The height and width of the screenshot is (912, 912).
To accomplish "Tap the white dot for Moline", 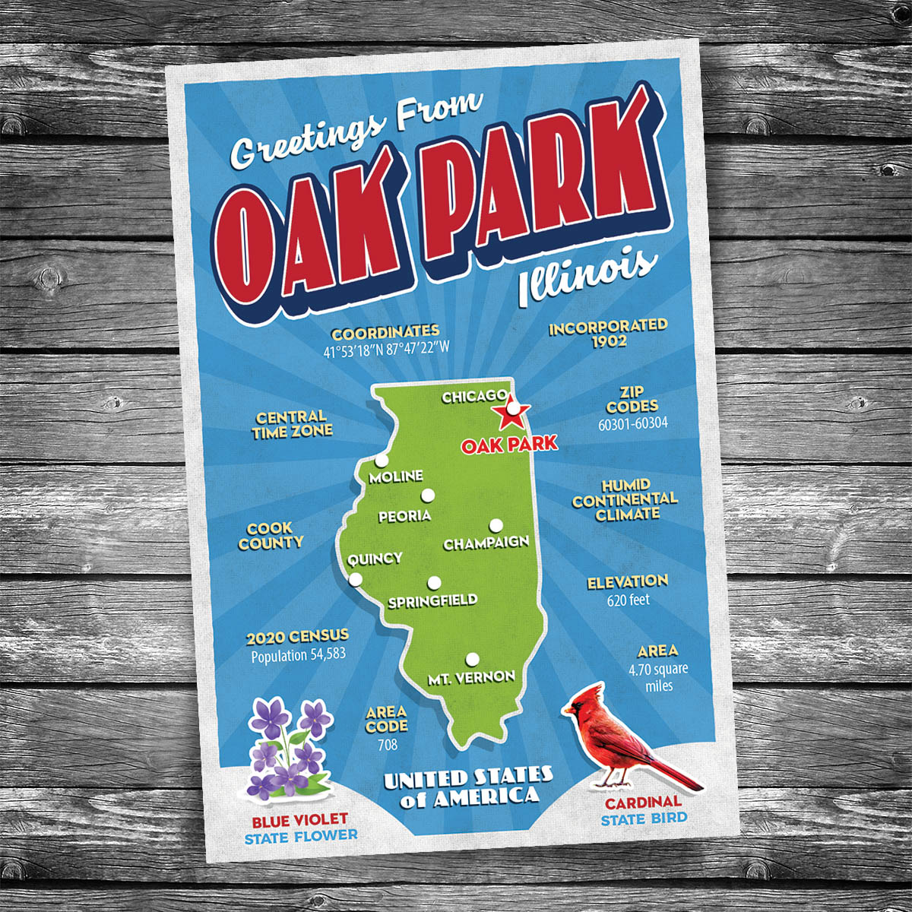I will pos(382,461).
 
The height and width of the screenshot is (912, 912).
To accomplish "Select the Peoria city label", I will pos(404,516).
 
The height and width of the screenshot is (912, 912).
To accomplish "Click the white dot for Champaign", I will pos(496,525).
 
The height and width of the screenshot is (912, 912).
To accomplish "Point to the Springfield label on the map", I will pos(432,601).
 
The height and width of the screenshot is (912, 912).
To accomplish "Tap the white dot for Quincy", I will pos(355,581).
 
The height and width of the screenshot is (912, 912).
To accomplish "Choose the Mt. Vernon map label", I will pos(471,676).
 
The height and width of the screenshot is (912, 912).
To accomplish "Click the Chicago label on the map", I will pos(474,397).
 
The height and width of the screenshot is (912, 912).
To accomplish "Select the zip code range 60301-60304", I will pos(632,423).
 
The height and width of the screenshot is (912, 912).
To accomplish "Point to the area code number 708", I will pos(387,745).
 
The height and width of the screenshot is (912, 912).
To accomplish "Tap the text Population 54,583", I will pos(298,654).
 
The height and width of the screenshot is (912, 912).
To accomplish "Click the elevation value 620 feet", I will pos(628,600).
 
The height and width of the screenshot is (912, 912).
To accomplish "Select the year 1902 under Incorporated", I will pos(610,341).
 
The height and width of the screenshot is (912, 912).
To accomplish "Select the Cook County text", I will pos(271,536).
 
